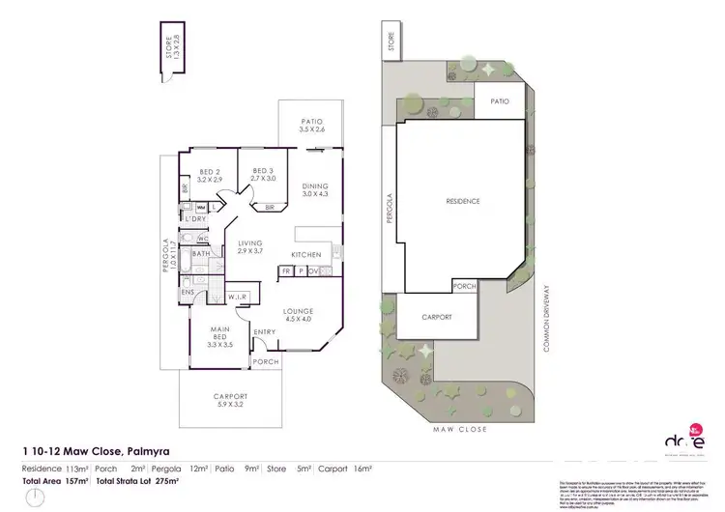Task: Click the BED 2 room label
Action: tap(210, 175)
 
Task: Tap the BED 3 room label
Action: tap(263, 175)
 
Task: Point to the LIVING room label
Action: tap(250, 245)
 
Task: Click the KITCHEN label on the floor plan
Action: tap(306, 255)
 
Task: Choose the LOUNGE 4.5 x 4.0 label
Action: tap(298, 315)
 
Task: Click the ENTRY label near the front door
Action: tap(264, 333)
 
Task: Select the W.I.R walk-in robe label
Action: tap(240, 297)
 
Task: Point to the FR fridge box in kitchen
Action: tap(287, 272)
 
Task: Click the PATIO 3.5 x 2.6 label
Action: tap(310, 125)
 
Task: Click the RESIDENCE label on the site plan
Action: tap(462, 201)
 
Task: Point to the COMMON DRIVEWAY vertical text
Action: tap(547, 318)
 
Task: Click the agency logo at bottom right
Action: tap(680, 441)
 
